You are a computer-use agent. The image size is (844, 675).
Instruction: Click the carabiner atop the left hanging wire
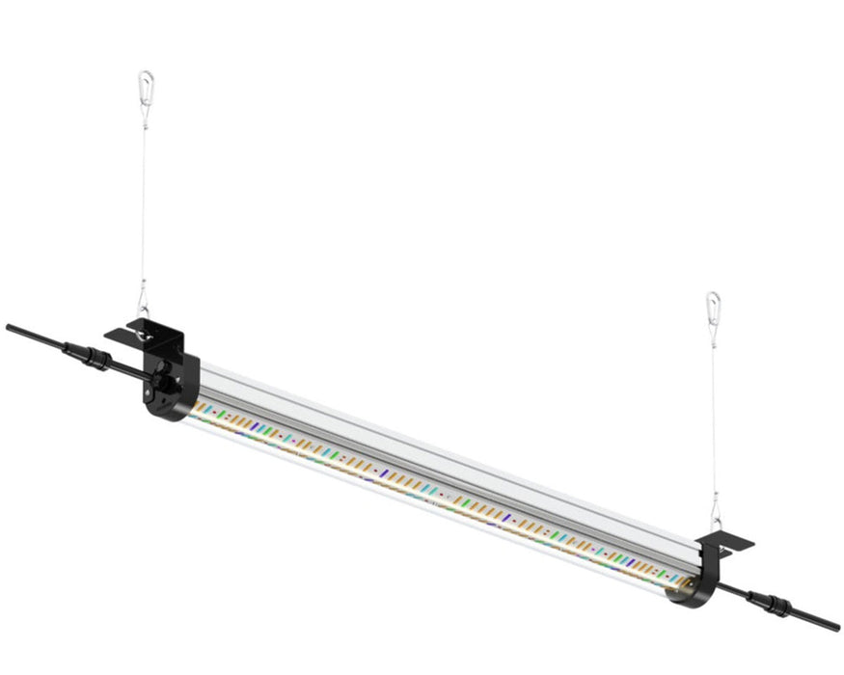[x=145, y=84]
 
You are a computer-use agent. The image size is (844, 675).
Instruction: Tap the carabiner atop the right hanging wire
[x=712, y=306]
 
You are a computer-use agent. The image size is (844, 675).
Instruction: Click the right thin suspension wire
[x=714, y=415]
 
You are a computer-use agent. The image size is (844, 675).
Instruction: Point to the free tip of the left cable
[x=9, y=327]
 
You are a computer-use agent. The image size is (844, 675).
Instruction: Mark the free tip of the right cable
[x=835, y=627]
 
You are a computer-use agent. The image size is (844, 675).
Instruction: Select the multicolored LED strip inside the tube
[x=434, y=487]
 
